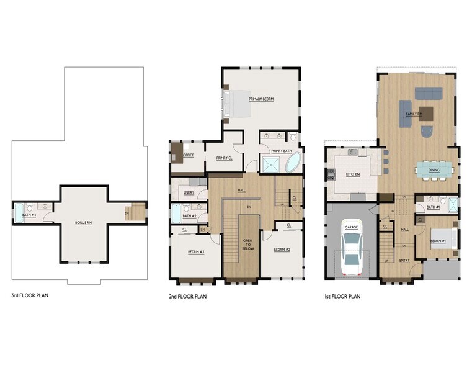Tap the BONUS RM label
coord(84,222)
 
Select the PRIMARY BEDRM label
coord(261,99)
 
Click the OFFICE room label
coord(189,155)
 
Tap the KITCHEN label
coord(352,174)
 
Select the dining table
coord(434,169)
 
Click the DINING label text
coord(434,169)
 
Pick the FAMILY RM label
coord(414,114)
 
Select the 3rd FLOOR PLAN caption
coord(30,295)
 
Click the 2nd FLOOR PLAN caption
coord(188,297)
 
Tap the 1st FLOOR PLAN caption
coord(342,297)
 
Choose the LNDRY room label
coord(189,192)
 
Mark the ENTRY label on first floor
coord(404,261)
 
